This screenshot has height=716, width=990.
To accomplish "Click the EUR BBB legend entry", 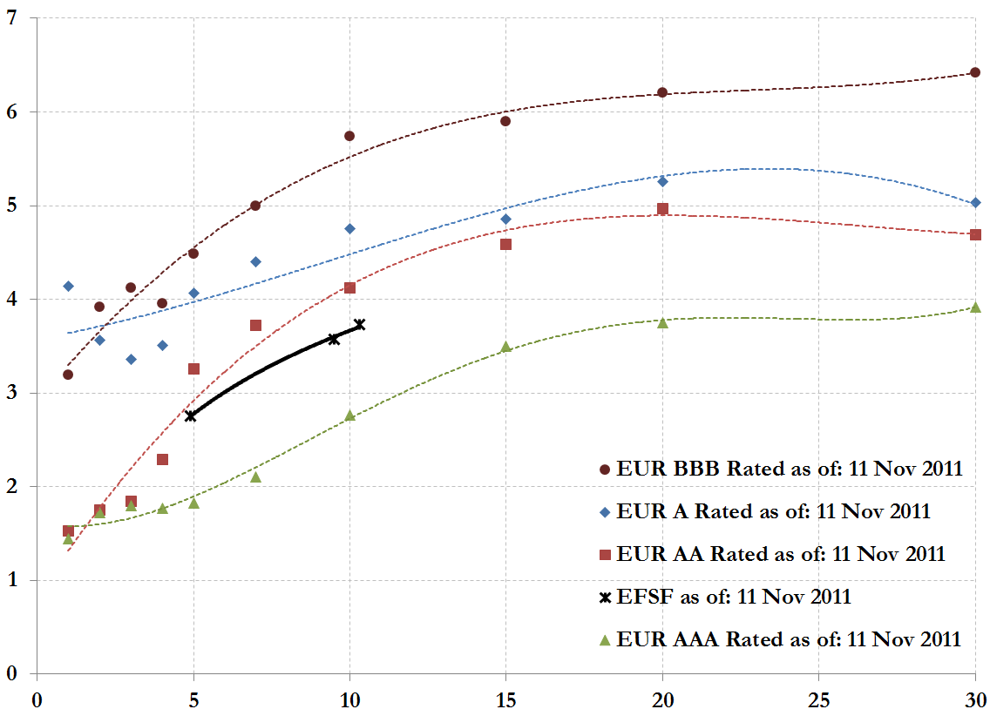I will click(781, 468).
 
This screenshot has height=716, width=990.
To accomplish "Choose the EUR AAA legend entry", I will click(780, 639).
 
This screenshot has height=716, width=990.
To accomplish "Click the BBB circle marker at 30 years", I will click(975, 72).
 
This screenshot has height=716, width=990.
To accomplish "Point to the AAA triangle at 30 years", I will click(975, 307).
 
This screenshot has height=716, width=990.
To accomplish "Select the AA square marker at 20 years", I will click(662, 209).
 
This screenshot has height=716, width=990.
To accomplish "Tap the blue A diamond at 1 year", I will click(68, 286).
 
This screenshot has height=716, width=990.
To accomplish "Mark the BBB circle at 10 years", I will click(349, 136).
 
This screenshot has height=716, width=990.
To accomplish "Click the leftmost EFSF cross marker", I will click(190, 416).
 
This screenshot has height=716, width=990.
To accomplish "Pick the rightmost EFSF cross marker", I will click(359, 325).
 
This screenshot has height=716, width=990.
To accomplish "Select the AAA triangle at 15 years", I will click(505, 347).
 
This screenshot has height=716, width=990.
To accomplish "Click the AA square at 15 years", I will click(505, 245).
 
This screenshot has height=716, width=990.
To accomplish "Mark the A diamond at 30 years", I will click(975, 203).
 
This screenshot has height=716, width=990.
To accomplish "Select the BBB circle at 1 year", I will click(68, 375).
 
